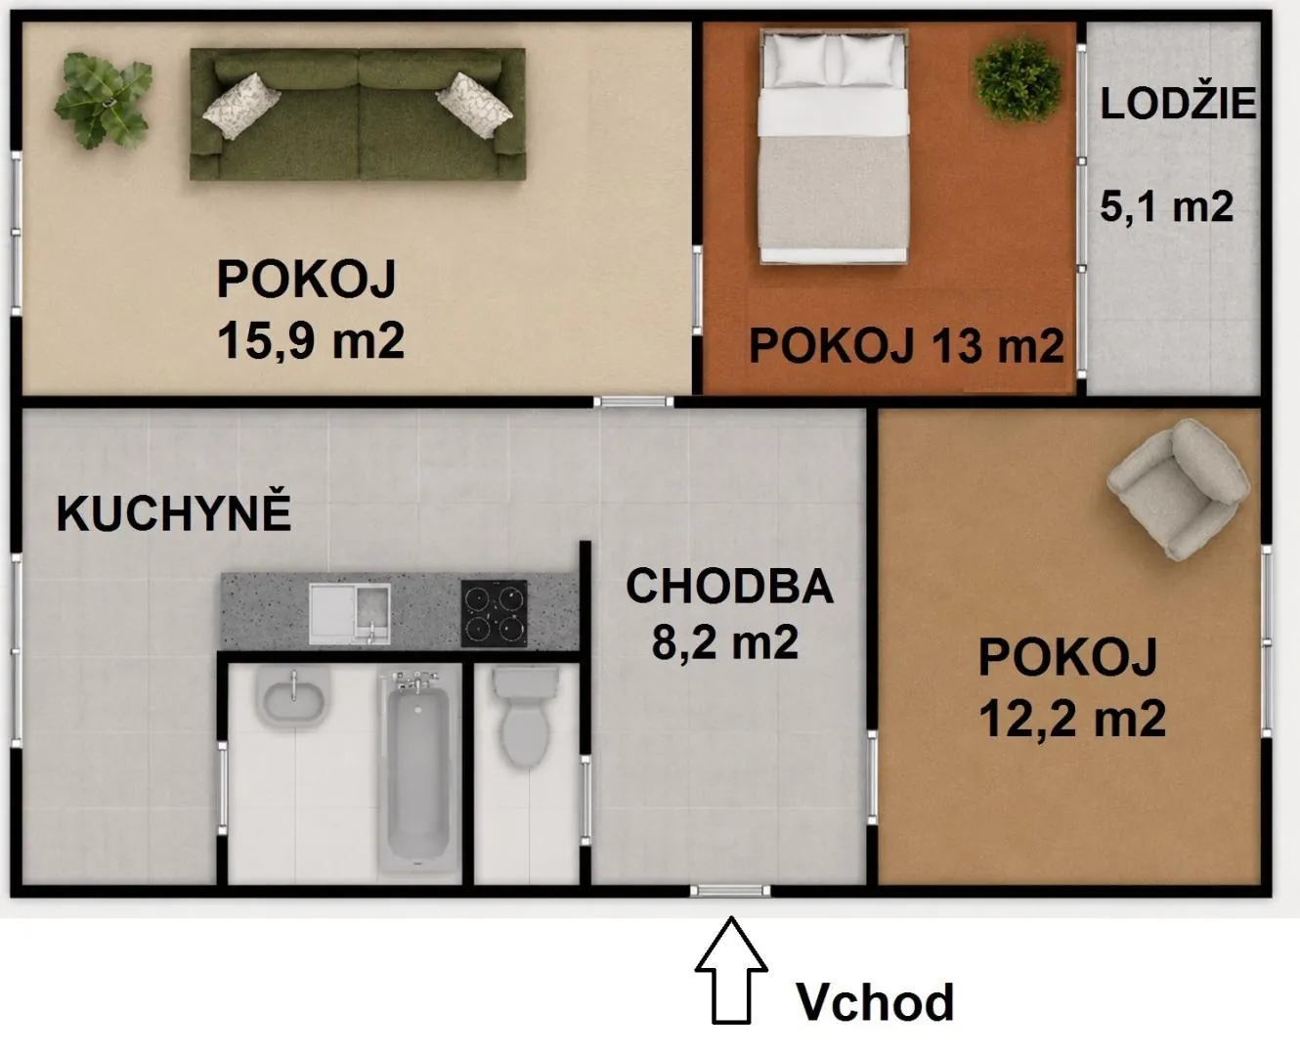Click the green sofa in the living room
pos(358,114)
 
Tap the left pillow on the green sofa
pos(241,107)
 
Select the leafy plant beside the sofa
pos(104,100)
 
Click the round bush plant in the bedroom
pos(1018,79)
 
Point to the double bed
pos(834,147)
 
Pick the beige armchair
pos(1179,489)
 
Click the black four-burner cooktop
pos(494,613)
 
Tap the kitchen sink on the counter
pos(350,613)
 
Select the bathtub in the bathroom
pos(418,770)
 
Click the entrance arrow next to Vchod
pos(731,970)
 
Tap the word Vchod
pos(875,1001)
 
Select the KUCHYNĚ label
pos(174,513)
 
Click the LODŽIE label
pos(1178,104)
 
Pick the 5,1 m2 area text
pos(1167,206)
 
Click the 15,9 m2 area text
pos(311,340)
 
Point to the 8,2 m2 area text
pos(725,642)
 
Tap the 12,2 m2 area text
pos(1072,719)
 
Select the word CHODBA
pos(729,586)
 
